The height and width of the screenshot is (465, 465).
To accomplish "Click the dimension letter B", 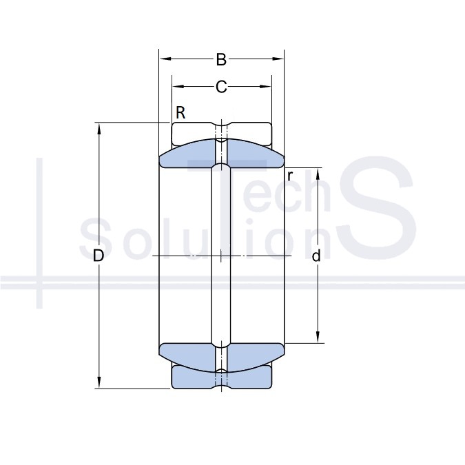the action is tap(221, 59).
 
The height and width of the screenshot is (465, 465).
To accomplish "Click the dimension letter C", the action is tap(221, 87).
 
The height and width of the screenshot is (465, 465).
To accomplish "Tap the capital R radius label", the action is tap(180, 113).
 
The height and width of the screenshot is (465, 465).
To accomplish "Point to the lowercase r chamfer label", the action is tap(290, 176).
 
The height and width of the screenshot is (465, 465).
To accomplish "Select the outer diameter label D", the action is tap(99, 256).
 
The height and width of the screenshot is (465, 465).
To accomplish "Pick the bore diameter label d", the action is tap(316, 256).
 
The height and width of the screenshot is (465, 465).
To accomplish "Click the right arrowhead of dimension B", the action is tap(278, 59).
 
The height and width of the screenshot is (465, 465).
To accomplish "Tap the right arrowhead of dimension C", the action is tap(265, 87).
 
